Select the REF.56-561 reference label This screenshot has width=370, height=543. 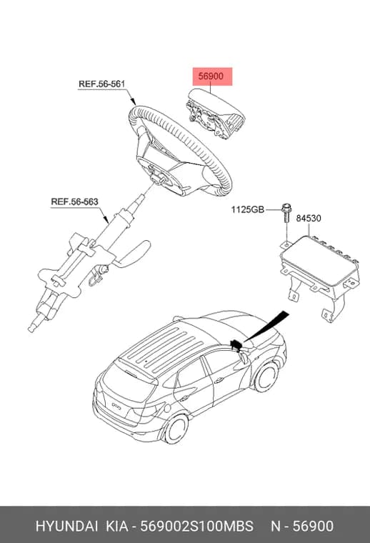pos(101,84)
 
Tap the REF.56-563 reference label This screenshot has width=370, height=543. pos(75,201)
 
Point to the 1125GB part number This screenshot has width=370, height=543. pos(247,209)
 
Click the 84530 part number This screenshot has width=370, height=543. pos(309,218)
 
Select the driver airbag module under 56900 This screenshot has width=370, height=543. pos(215,114)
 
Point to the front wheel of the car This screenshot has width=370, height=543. pos(266,376)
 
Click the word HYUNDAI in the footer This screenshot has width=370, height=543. pos(66,526)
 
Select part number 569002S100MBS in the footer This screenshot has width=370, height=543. pos(196,526)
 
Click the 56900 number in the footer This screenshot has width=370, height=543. pos(314,526)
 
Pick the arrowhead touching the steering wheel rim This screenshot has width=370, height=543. pos(133,101)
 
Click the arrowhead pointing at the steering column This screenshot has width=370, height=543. pos(106,219)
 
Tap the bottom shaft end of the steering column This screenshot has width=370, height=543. pos(33,328)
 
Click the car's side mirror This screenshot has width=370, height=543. pos(244,358)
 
